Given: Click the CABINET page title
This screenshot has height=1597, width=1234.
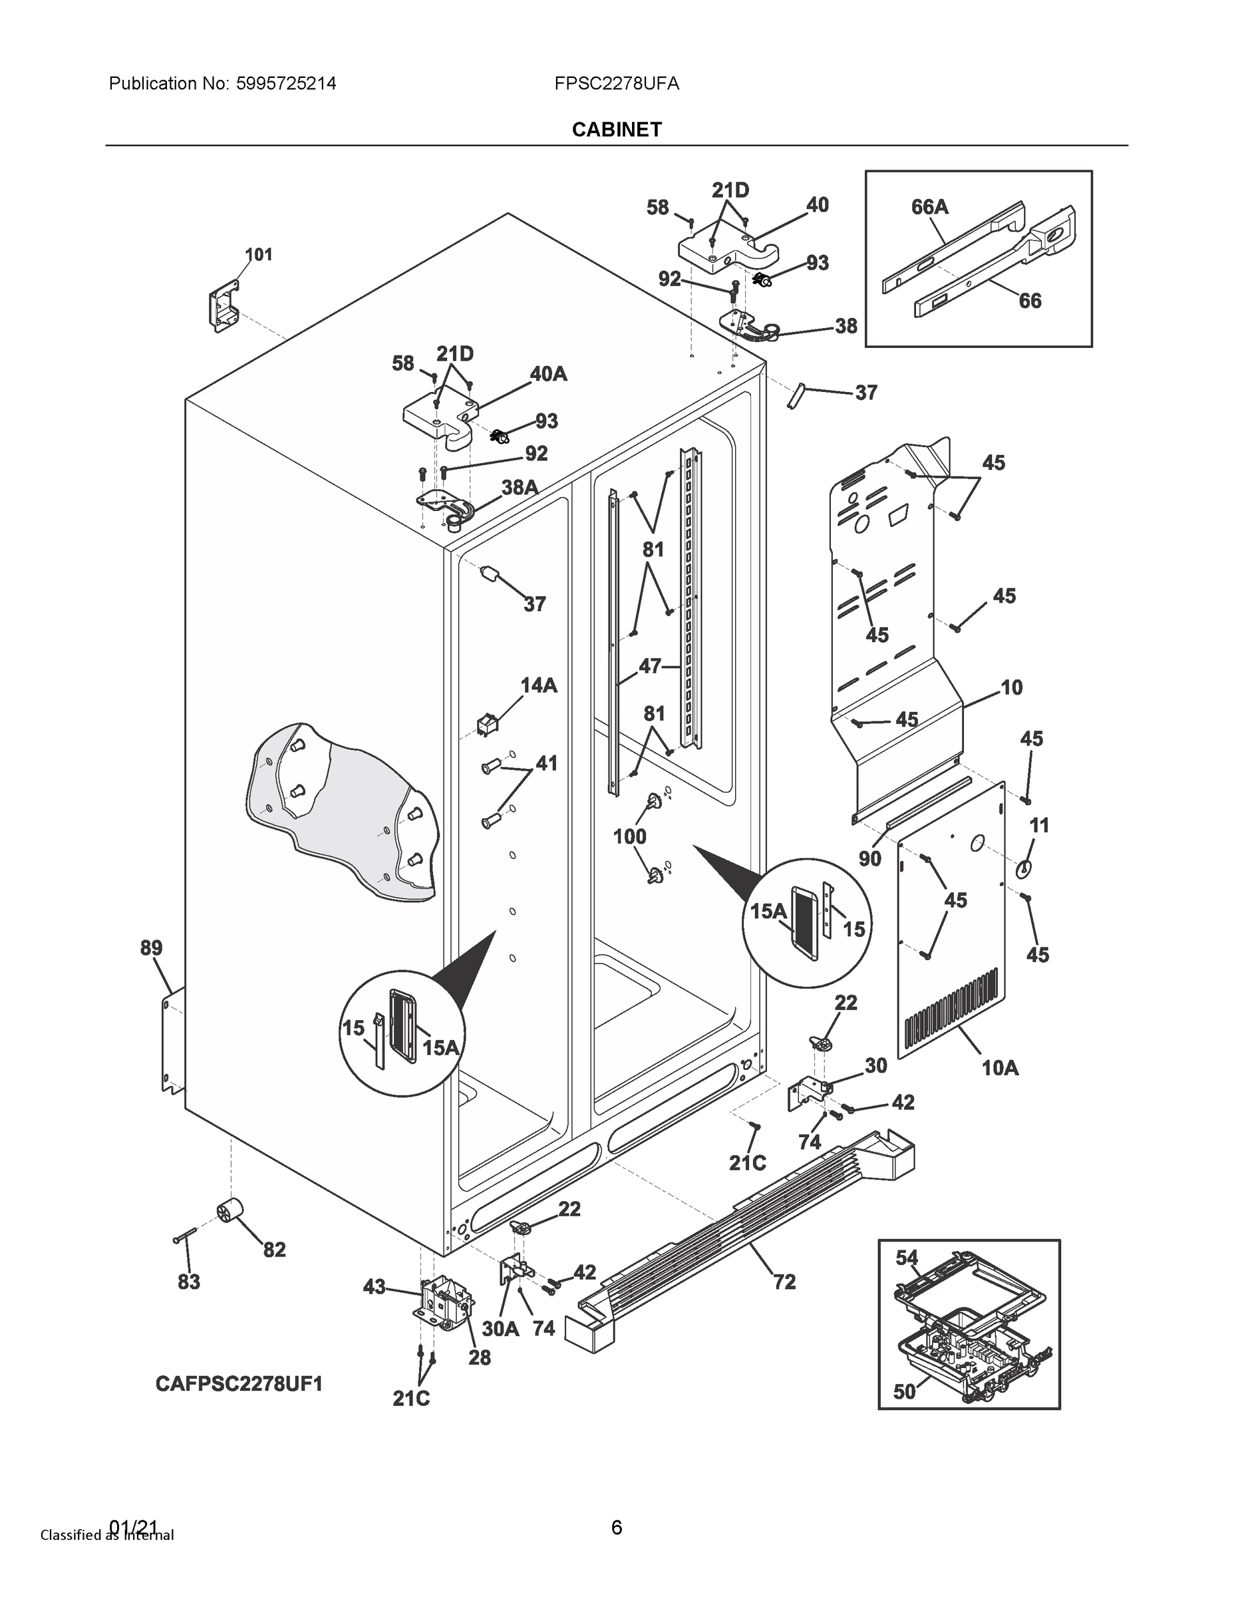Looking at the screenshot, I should pyautogui.click(x=616, y=130).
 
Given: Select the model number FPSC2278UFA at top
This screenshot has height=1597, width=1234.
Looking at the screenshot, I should pyautogui.click(x=616, y=83).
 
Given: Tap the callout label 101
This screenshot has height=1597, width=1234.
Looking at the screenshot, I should pyautogui.click(x=258, y=254).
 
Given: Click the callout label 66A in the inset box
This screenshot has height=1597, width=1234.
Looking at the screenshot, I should pyautogui.click(x=929, y=207).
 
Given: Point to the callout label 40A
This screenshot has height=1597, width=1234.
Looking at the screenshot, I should pyautogui.click(x=548, y=374).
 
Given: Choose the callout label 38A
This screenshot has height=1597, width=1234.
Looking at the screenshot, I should pyautogui.click(x=519, y=487).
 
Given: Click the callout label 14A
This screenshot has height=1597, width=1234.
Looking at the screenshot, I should pyautogui.click(x=539, y=685).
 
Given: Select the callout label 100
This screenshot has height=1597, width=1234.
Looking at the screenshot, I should pyautogui.click(x=629, y=836).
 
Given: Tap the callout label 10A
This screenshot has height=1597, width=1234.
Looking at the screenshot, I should pyautogui.click(x=999, y=1068).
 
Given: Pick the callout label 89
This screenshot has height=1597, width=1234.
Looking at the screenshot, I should pyautogui.click(x=151, y=948).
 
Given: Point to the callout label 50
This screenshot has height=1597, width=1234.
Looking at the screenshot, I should pyautogui.click(x=904, y=1391).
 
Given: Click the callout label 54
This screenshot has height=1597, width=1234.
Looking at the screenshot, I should pyautogui.click(x=907, y=1258).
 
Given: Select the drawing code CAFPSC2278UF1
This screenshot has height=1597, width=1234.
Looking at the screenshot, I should pyautogui.click(x=238, y=1384).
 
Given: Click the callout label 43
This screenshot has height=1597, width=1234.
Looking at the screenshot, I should pyautogui.click(x=375, y=1287).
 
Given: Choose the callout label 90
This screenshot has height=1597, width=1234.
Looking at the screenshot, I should pyautogui.click(x=869, y=858).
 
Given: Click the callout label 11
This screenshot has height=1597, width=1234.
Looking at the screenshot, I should pyautogui.click(x=1039, y=826).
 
